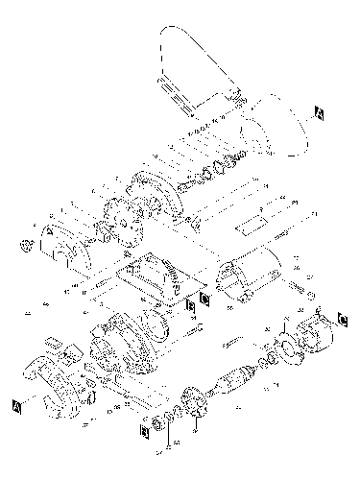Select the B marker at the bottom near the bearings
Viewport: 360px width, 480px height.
click(x=145, y=430)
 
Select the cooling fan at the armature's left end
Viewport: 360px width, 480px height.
click(x=193, y=402)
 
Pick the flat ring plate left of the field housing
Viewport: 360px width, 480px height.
click(x=287, y=341)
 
